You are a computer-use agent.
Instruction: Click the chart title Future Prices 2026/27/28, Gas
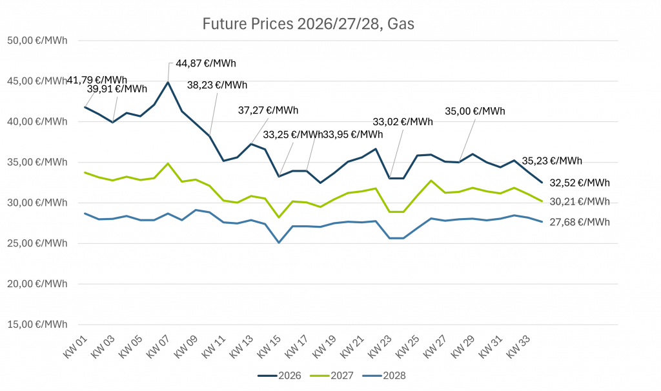[308, 25]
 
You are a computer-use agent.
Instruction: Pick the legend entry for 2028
[389, 376]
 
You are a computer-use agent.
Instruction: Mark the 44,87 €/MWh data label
[206, 63]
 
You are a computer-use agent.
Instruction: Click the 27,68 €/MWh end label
[580, 222]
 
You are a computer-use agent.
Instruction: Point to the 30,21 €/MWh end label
[580, 201]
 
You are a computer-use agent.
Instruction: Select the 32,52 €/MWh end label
[580, 183]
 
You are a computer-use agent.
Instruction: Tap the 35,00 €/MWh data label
[475, 110]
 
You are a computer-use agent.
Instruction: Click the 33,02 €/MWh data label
[403, 121]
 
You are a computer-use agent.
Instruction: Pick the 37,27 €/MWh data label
[269, 110]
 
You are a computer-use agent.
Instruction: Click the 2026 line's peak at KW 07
[168, 82]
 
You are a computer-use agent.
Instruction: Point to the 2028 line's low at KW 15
[279, 243]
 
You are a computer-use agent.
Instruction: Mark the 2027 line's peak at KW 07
[168, 163]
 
